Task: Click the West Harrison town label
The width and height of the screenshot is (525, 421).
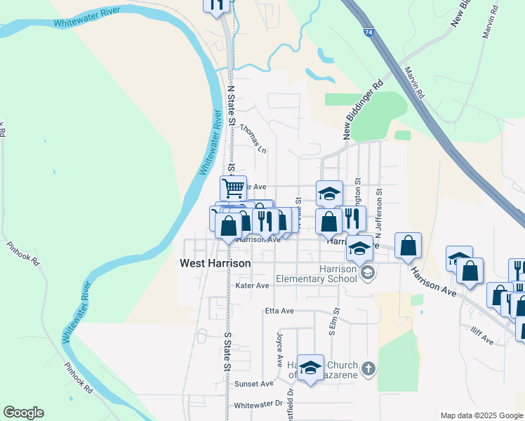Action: click(215, 264)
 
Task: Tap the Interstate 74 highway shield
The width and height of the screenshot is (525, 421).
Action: click(369, 33)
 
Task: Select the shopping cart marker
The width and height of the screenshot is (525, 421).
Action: click(233, 187)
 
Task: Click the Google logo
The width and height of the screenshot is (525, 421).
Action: click(23, 413)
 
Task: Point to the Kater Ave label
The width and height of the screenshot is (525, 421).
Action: click(252, 286)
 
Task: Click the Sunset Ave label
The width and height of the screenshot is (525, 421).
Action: click(253, 384)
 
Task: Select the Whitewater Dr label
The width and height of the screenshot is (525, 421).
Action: click(258, 405)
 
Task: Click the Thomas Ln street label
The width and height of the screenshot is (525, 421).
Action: click(253, 138)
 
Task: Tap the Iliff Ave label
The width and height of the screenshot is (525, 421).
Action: click(482, 340)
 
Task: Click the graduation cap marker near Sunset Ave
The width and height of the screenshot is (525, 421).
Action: click(310, 367)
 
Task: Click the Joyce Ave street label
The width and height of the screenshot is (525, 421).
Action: click(279, 350)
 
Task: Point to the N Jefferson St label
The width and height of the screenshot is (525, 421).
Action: click(379, 206)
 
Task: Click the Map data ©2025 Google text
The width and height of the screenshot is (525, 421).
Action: click(481, 415)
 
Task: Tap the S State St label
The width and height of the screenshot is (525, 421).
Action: click(227, 352)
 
